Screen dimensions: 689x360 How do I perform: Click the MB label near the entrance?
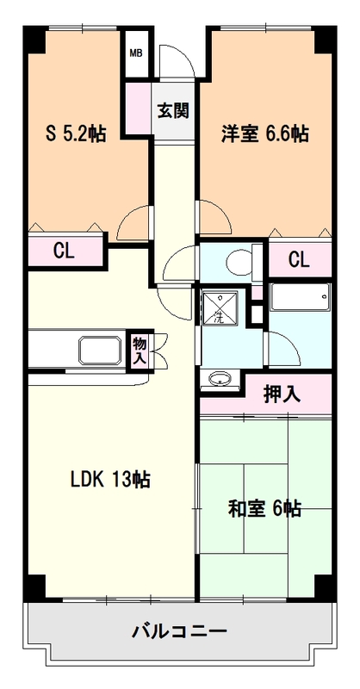coord(136,53)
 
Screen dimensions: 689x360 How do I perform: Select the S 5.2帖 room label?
coord(75,133)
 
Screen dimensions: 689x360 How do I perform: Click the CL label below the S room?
coord(63,252)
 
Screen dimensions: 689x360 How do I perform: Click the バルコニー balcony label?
coord(179,632)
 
